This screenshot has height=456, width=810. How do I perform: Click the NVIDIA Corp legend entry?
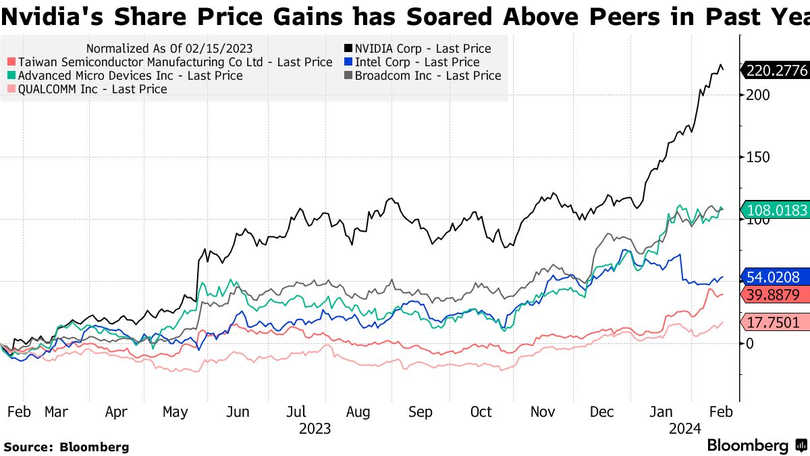pos(417,49)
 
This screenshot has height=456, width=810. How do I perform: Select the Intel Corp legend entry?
pos(412,62)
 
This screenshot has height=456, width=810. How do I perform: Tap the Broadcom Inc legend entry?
pos(423,76)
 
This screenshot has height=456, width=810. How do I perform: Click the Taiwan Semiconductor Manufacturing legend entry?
pos(168,62)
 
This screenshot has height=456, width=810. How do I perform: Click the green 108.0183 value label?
pos(777,211)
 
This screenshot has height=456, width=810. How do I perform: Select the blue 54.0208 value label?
pos(777,277)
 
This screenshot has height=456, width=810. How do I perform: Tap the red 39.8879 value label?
pos(777,295)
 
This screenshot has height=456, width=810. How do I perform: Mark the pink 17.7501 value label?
pos(777,322)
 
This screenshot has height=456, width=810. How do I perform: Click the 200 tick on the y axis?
pos(757,95)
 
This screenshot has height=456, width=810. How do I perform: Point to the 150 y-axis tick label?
pos(757,157)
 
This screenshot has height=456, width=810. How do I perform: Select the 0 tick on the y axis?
pos(749,343)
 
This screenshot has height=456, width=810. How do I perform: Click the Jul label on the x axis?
pos(297,411)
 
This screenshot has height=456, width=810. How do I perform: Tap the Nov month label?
pos(543,411)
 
